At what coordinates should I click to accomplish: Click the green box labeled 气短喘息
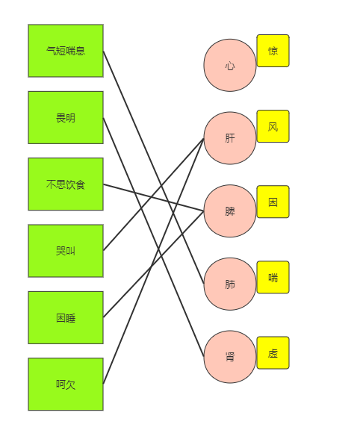[66, 51]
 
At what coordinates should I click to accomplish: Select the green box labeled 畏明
[66, 117]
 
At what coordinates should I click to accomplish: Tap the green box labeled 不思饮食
[66, 184]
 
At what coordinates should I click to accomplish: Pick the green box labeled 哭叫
[66, 251]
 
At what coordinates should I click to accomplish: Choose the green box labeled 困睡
[66, 318]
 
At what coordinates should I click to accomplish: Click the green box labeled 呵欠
[66, 385]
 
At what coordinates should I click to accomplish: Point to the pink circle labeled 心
[230, 65]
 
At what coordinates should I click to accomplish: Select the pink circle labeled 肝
[230, 138]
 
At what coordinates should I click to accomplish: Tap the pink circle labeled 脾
[230, 211]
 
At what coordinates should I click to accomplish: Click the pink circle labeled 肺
[230, 284]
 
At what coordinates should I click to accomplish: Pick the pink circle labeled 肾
[230, 357]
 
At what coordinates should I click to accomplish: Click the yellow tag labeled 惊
[273, 51]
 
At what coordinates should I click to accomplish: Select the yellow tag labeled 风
[273, 126]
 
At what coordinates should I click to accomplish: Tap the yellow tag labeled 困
[273, 202]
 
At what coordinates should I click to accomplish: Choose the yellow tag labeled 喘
[273, 277]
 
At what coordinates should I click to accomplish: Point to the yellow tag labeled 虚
[273, 352]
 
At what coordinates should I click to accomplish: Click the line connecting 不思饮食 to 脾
[154, 198]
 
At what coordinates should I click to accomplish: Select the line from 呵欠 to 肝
[154, 261]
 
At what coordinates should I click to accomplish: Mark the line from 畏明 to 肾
[154, 237]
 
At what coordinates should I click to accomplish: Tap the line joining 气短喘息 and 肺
[154, 167]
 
